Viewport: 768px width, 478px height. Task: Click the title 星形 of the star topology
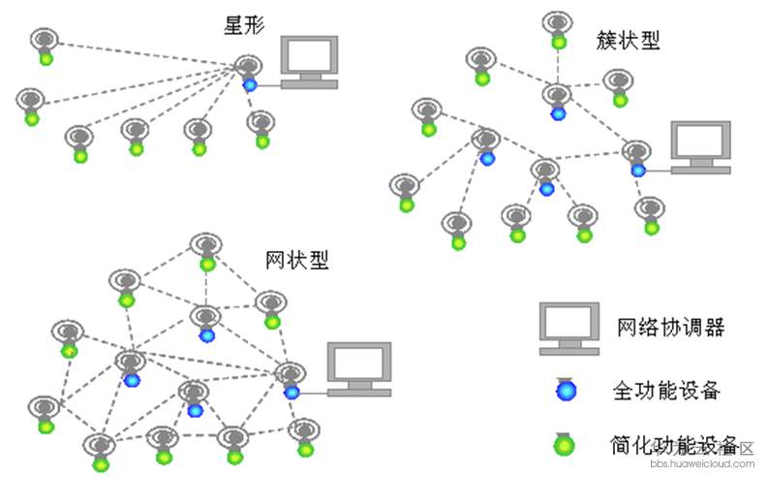pos(245,26)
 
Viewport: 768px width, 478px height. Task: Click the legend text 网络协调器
pos(670,327)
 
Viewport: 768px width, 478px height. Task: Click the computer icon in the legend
pos(569,328)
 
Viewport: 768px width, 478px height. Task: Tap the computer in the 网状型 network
pos(358,368)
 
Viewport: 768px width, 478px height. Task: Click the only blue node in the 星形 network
pos(250,84)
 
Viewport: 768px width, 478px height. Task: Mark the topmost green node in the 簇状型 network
pos(559,42)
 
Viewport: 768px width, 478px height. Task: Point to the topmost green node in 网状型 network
pos(206,263)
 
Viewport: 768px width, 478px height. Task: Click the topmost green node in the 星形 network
pos(46,58)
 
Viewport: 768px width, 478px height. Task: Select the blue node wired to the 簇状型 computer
pos(638,170)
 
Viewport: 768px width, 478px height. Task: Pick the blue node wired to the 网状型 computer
pos(291,392)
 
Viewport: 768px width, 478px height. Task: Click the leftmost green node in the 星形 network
pos(31,118)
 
